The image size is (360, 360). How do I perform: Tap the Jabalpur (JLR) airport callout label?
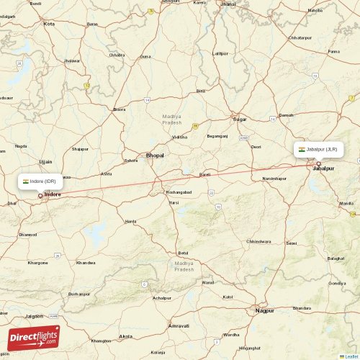coord(318,149)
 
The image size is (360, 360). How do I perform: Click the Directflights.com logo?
coord(34,337)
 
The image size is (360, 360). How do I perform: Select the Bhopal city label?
coord(155,156)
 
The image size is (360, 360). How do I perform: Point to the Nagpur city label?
coord(265,310)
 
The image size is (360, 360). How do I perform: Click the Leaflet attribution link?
coord(350,356)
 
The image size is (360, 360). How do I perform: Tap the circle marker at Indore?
coord(40,195)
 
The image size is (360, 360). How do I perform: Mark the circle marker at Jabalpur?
coord(318,163)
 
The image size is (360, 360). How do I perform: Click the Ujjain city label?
coord(45,162)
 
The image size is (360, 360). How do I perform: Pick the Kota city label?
coord(49,24)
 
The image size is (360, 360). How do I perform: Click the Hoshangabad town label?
coord(179,192)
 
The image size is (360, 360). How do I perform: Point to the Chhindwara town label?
coord(258,241)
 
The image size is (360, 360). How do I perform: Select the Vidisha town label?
coord(180,136)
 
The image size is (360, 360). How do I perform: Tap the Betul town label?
coord(183,253)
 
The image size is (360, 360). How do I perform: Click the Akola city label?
coord(126,336)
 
